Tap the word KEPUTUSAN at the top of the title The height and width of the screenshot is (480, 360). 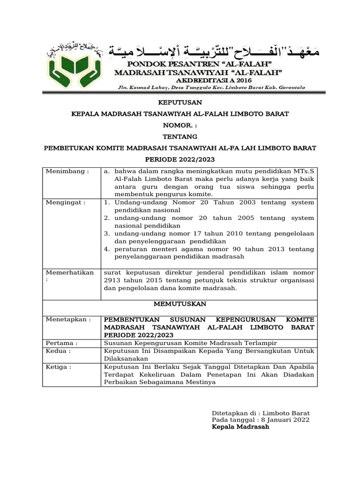coord(180,102)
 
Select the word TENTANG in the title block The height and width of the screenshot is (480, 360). coord(180,136)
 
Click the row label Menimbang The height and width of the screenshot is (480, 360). coord(67,172)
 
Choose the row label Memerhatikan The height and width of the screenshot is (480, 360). coord(69,272)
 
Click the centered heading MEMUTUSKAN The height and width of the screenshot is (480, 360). coord(180,304)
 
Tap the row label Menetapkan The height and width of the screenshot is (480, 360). coord(68,319)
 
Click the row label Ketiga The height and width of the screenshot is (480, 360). coord(59,367)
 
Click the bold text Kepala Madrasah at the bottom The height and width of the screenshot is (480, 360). coord(240,427)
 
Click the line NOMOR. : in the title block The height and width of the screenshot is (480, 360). coord(180,125)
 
